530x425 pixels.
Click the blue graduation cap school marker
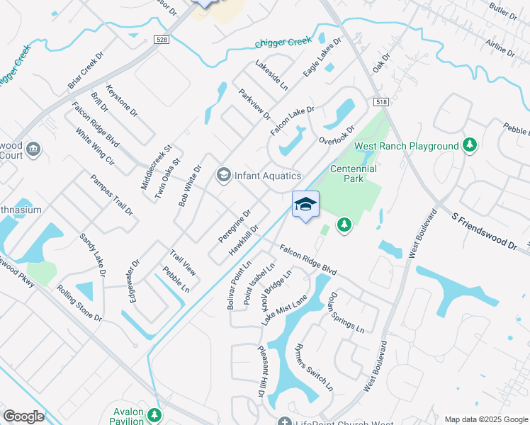pyautogui.click(x=305, y=205)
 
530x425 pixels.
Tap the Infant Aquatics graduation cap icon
pyautogui.click(x=224, y=175)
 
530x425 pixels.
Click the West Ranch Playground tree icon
pyautogui.click(x=469, y=145)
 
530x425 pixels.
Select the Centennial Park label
pyautogui.click(x=354, y=174)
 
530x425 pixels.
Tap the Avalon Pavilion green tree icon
pyautogui.click(x=154, y=414)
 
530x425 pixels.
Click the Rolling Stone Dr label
pyautogui.click(x=79, y=303)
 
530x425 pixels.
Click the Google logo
pyautogui.click(x=23, y=416)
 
